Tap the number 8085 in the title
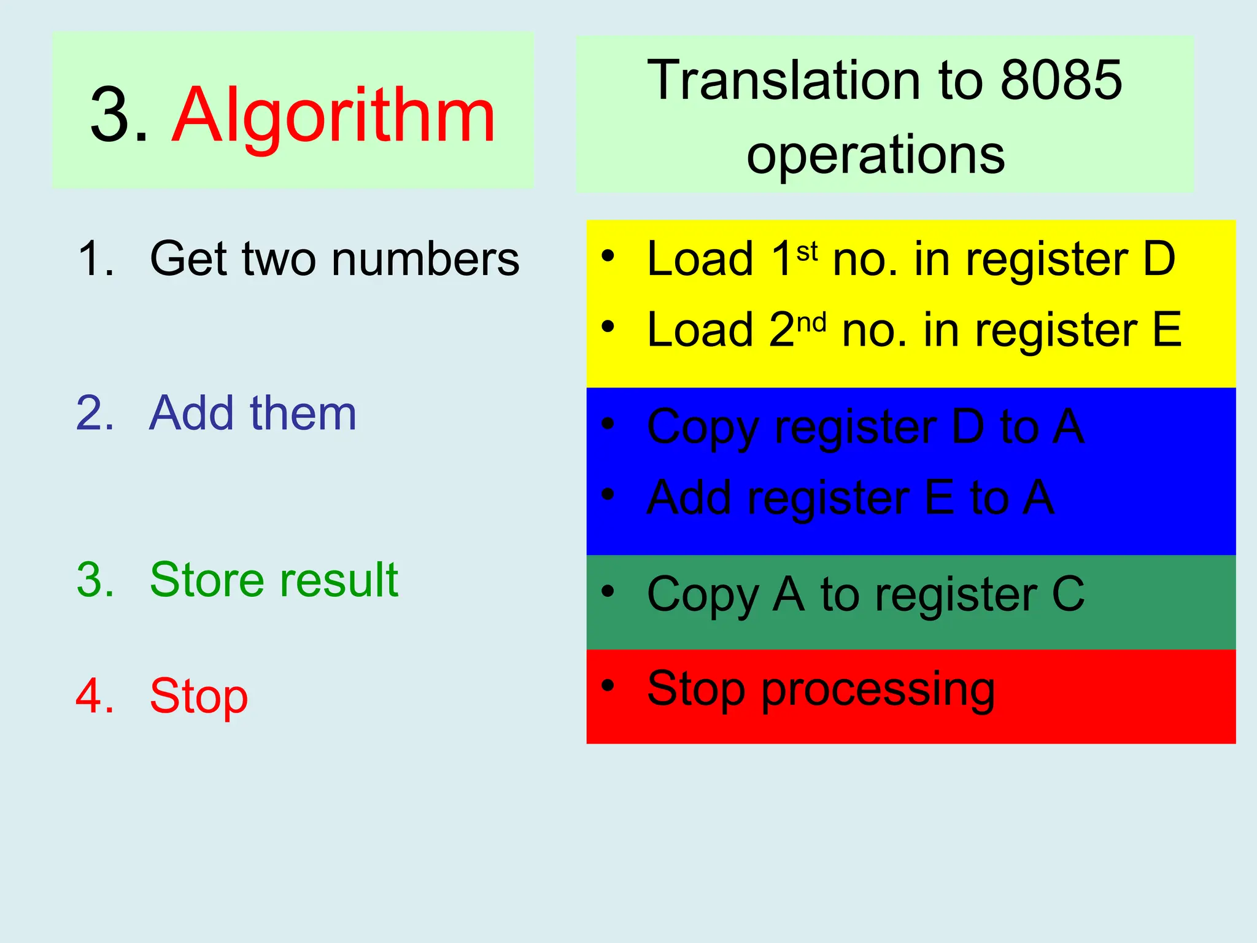click(1061, 80)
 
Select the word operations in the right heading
click(875, 155)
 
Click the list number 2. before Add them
click(95, 413)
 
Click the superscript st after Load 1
click(807, 252)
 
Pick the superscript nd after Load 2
click(811, 322)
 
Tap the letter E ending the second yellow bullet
click(1166, 330)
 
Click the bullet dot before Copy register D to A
click(608, 423)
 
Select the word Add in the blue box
click(689, 497)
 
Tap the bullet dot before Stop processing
click(608, 685)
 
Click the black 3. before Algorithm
click(119, 115)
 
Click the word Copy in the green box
click(703, 596)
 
